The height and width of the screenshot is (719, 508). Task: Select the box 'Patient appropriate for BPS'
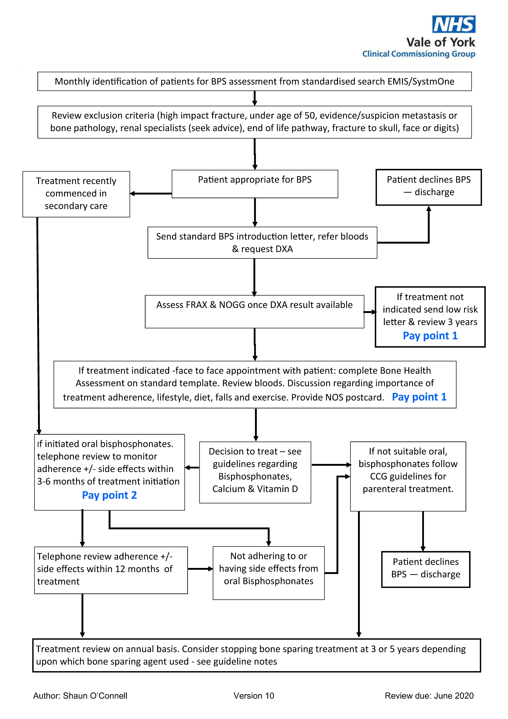[x=255, y=184]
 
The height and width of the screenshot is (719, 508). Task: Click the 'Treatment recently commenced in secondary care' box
[x=76, y=194]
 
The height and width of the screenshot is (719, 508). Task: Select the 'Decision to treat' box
[x=255, y=472]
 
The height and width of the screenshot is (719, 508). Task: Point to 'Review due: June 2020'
[x=429, y=696]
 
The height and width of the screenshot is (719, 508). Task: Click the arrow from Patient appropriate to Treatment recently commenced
[x=151, y=193]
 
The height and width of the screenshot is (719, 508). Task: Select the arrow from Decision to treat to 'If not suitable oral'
[x=331, y=465]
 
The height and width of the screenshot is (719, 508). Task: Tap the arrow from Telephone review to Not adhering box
[x=200, y=569]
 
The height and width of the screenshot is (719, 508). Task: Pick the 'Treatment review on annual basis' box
[x=257, y=655]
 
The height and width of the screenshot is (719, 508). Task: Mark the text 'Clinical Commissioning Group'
[x=419, y=54]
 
